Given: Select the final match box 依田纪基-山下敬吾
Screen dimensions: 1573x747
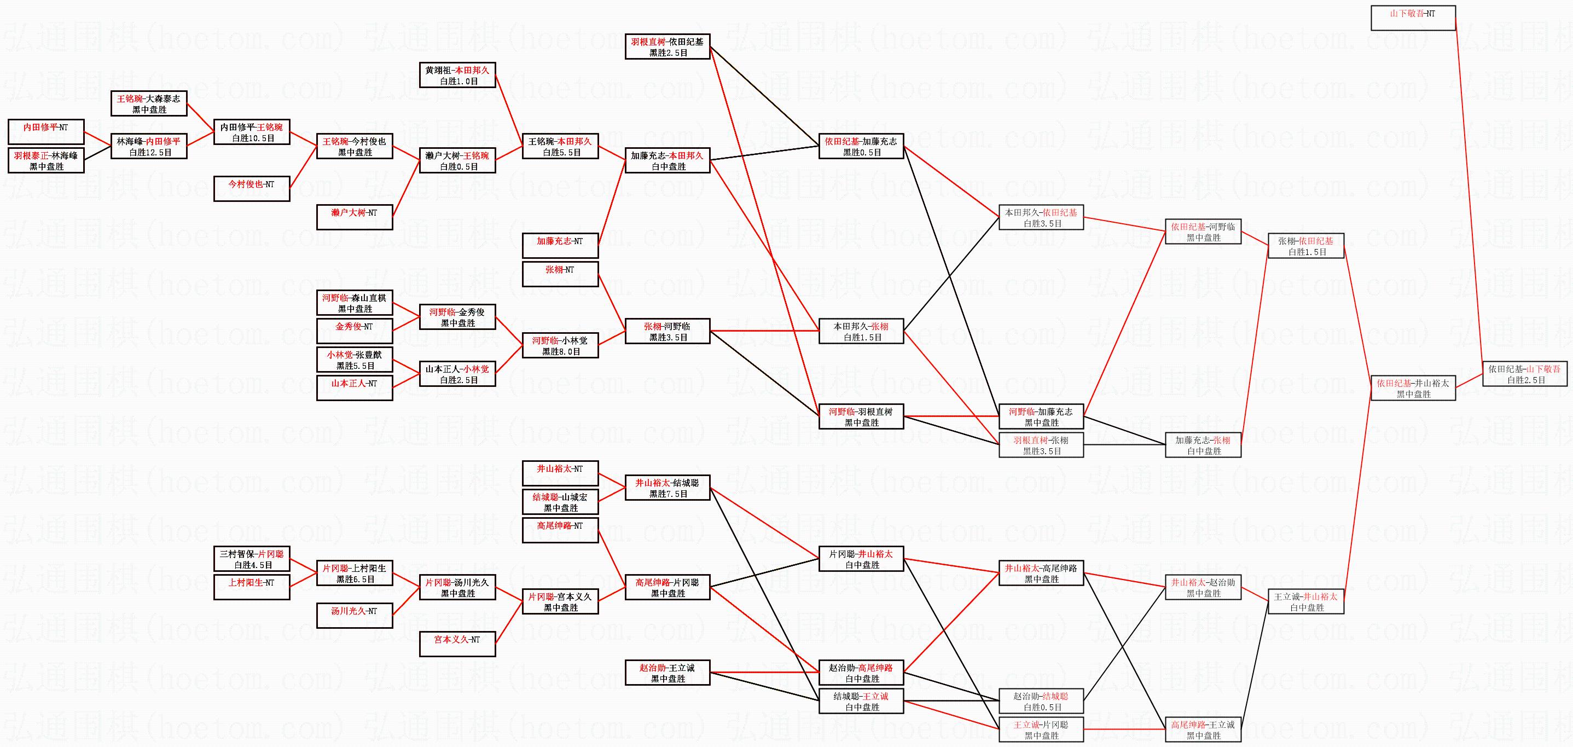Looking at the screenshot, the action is point(1525,374).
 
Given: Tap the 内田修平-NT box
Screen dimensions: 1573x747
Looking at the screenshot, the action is point(46,131).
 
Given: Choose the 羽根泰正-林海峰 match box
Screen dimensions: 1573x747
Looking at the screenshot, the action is point(46,160).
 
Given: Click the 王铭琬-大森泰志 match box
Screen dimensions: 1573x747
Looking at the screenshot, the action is point(149,103).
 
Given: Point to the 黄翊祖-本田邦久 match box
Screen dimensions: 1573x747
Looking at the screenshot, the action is point(457,74).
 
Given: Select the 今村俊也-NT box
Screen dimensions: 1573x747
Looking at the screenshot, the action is point(252,188).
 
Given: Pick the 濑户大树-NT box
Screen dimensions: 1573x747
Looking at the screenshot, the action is point(354,217).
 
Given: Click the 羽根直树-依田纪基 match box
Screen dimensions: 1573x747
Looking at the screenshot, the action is point(667,47).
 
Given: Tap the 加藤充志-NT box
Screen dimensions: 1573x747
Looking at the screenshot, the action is point(560,245).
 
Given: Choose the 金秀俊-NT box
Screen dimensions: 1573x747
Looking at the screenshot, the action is point(354,331).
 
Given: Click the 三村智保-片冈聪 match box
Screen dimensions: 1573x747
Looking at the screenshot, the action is point(252,558).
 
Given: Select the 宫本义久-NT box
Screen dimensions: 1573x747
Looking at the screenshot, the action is point(457,644).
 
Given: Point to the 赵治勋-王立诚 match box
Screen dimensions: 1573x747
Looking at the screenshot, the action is point(667,673).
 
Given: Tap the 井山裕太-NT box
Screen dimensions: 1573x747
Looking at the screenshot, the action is point(560,473).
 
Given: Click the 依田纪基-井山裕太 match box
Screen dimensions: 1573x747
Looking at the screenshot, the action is point(1413,388).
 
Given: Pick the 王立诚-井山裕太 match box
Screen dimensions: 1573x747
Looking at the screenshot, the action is point(1306,601).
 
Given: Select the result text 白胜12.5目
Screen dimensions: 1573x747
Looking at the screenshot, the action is point(150,153).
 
